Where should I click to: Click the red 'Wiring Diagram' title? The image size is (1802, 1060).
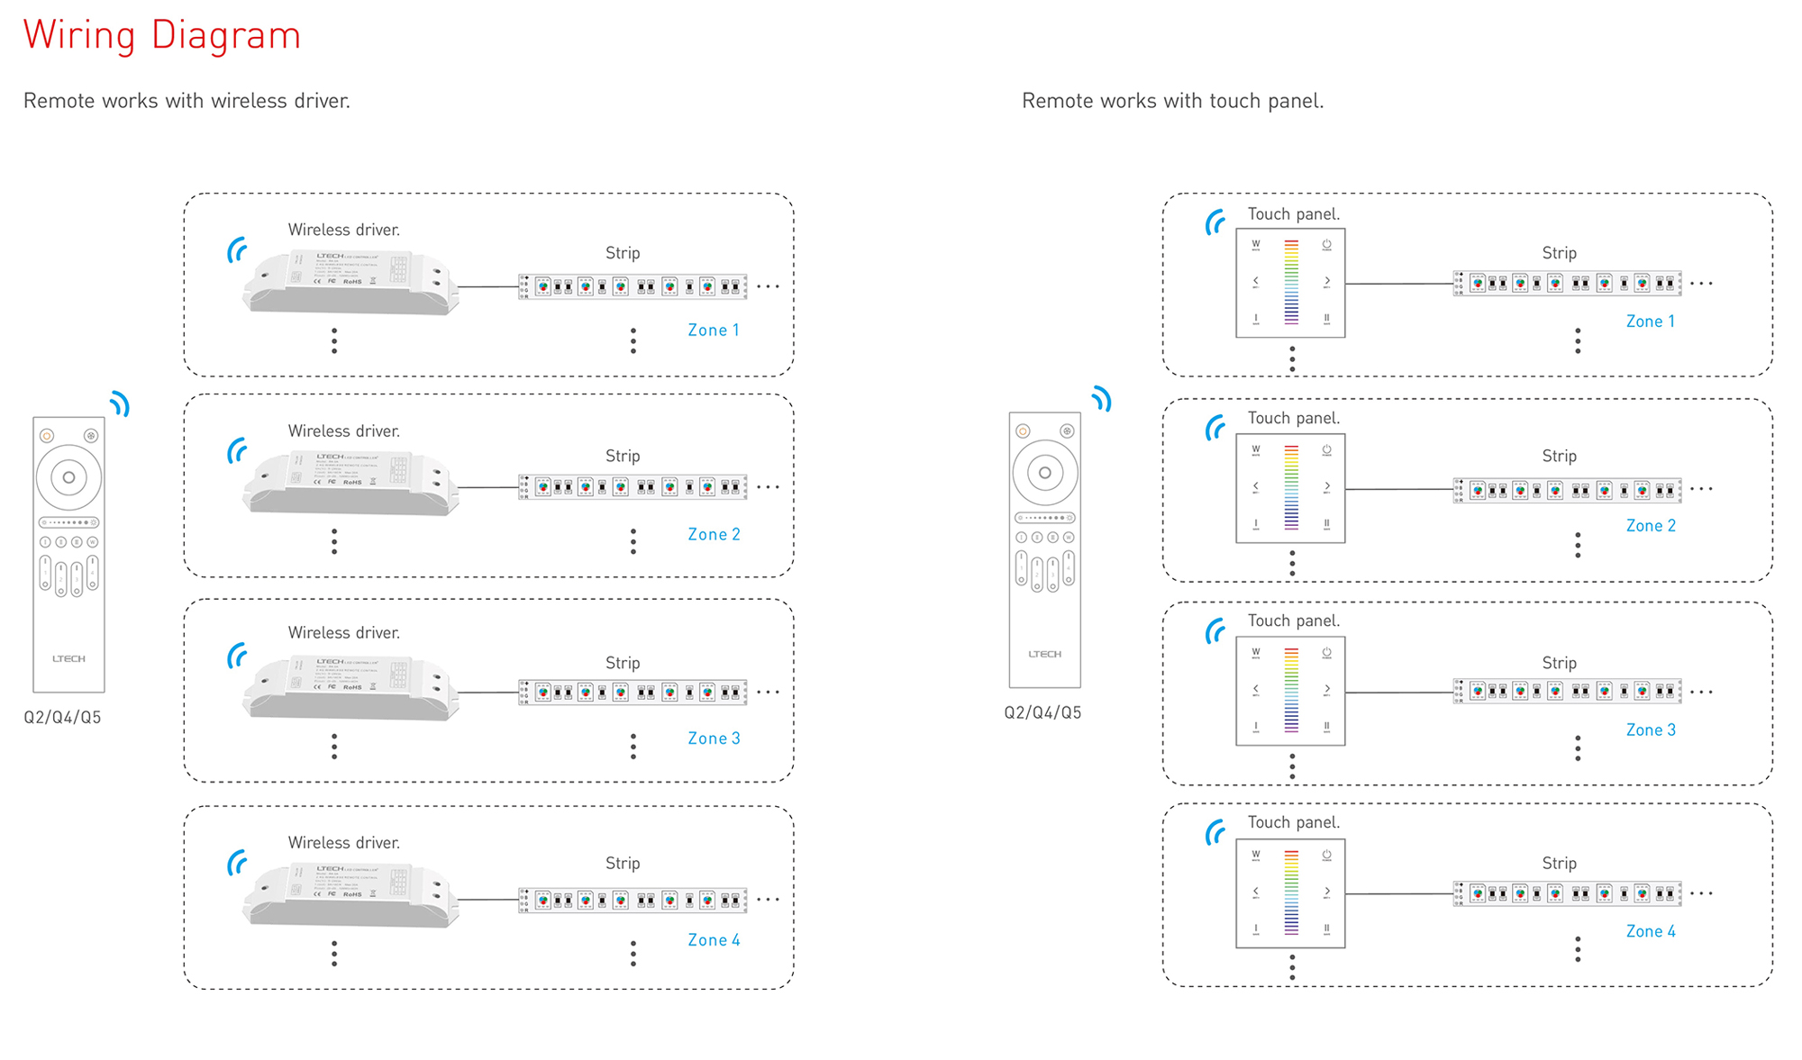click(x=162, y=36)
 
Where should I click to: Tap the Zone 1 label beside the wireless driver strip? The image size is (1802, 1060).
click(x=714, y=331)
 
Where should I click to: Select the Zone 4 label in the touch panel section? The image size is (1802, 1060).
click(x=1651, y=931)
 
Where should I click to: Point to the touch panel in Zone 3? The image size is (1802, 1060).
click(x=1290, y=691)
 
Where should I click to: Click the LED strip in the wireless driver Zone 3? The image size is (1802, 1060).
click(x=633, y=692)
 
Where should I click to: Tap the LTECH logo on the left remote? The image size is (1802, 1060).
click(x=68, y=659)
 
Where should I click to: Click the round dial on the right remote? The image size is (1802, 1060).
click(x=1045, y=473)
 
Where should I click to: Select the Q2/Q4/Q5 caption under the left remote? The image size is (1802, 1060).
click(x=62, y=718)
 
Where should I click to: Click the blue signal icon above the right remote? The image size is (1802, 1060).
click(x=1103, y=399)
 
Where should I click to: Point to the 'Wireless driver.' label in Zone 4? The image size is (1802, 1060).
click(x=344, y=843)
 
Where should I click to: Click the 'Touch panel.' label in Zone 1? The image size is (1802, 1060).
click(x=1294, y=214)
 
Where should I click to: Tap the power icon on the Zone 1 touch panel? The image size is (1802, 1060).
click(x=1326, y=245)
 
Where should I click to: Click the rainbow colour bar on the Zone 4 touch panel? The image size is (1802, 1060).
click(x=1291, y=892)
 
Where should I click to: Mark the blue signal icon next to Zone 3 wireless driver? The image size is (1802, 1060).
click(x=238, y=656)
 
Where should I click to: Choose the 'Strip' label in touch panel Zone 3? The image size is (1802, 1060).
click(x=1559, y=663)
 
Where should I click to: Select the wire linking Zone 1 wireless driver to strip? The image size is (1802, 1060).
click(x=488, y=287)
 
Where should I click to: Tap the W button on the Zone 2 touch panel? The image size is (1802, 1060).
click(x=1256, y=449)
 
